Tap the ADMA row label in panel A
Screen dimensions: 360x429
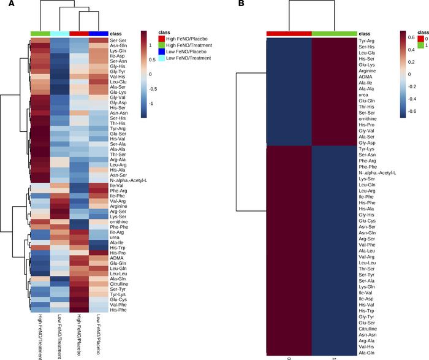pos(116,258)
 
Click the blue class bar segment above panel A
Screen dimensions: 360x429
pos(99,33)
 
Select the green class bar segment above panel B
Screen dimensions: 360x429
pos(334,33)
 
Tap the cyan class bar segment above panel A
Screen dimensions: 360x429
pos(59,33)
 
